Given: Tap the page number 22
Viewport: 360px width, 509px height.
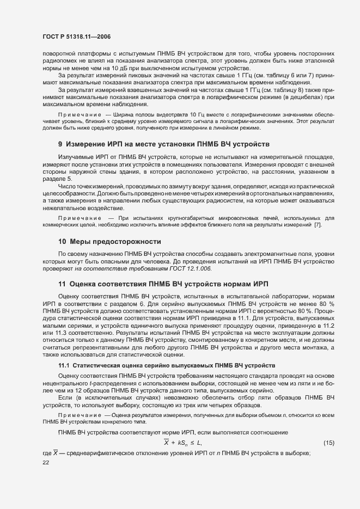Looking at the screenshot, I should [x=46, y=462].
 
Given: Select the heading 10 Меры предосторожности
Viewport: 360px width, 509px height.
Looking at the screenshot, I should [x=109, y=241].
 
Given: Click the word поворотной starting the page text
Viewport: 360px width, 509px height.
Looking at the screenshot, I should [x=60, y=54].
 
